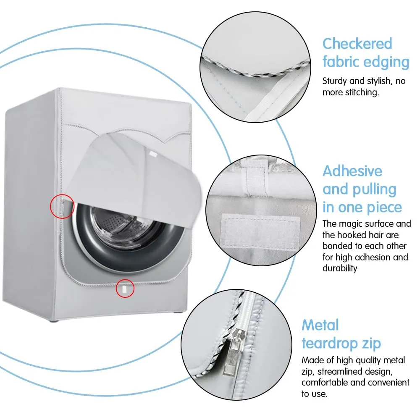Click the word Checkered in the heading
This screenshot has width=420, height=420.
click(x=357, y=44)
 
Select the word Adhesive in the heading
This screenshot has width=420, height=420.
click(x=352, y=171)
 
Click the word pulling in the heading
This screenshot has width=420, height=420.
click(x=374, y=190)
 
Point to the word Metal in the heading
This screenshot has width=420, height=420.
click(x=320, y=325)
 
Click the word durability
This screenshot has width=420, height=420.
click(x=340, y=268)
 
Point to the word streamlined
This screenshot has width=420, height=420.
click(x=355, y=372)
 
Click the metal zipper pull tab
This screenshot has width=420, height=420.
click(x=232, y=354)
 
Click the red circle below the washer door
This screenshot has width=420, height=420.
click(x=125, y=288)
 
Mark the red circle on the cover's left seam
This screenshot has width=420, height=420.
click(x=62, y=206)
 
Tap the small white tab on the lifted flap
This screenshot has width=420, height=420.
click(x=153, y=154)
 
